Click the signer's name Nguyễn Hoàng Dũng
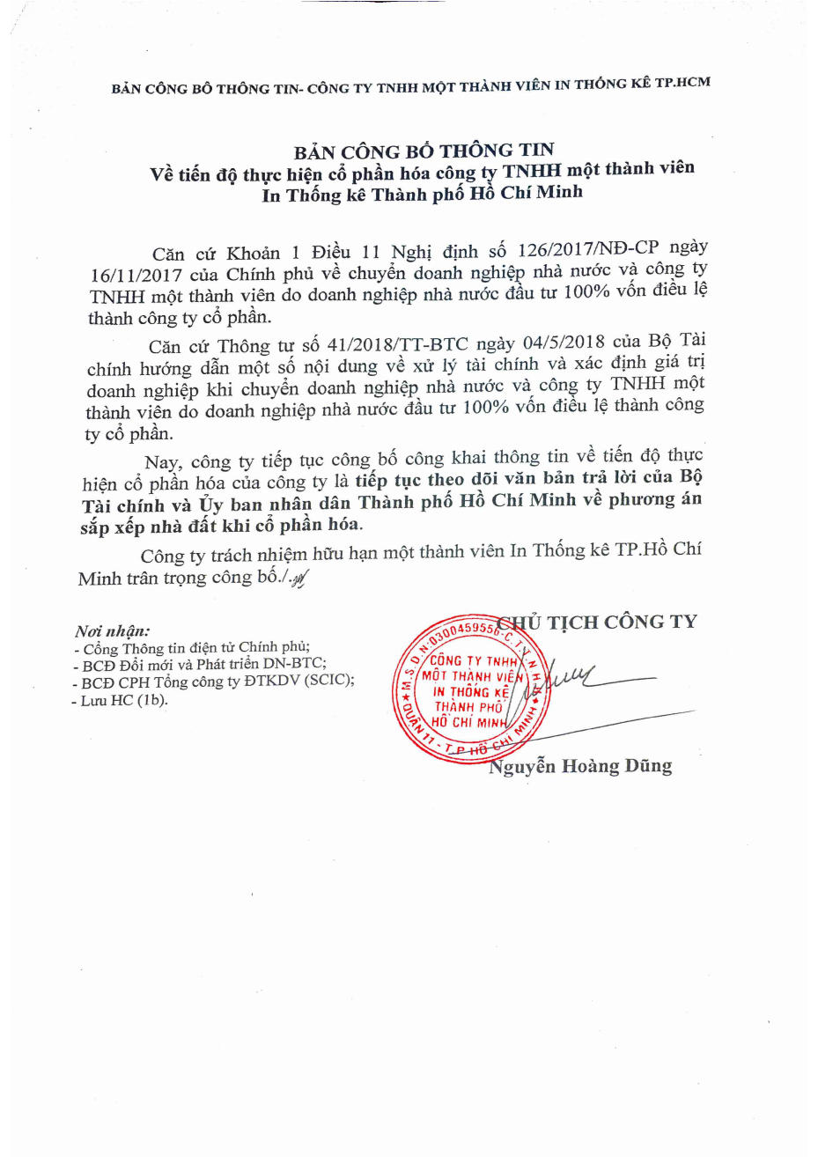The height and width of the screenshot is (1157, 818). pos(580,767)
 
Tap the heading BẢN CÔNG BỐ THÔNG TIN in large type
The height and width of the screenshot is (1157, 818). pos(424,151)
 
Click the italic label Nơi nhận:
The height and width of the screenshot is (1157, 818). pos(113,630)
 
